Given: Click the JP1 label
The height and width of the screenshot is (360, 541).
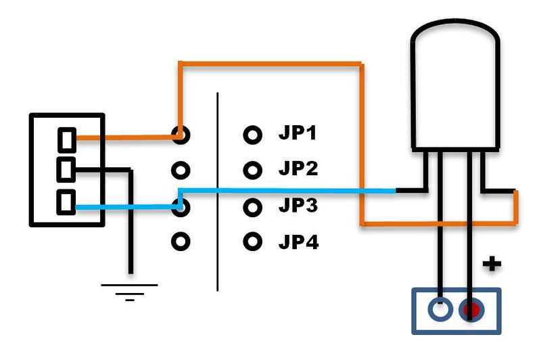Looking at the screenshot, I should [298, 133].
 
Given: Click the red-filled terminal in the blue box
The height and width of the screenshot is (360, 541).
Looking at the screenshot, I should [471, 311].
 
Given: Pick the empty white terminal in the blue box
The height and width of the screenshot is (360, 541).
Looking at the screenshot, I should [440, 311].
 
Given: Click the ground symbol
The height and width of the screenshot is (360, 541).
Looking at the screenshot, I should [129, 290].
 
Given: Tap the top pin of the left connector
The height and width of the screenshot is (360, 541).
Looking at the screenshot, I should [66, 139].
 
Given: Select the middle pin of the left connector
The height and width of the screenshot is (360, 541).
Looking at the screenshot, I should [66, 168].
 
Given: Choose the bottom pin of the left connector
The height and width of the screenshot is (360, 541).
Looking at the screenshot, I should [66, 202].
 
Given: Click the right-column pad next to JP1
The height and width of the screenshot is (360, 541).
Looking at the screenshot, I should [252, 135].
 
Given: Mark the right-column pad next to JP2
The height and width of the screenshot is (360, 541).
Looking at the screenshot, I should [252, 168].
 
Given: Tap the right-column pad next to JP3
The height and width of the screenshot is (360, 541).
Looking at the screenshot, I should [252, 204].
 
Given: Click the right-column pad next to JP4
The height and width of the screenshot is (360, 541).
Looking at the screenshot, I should [252, 240].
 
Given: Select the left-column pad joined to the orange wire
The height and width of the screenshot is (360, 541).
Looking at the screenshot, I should [179, 135].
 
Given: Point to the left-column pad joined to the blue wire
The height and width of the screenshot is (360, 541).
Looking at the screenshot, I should [179, 205].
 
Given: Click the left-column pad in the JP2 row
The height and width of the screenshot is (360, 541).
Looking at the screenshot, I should [180, 168].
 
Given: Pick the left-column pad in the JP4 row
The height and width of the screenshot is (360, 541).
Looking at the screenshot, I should [180, 240].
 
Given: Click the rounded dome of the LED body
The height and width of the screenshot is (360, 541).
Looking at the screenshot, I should [456, 47].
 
